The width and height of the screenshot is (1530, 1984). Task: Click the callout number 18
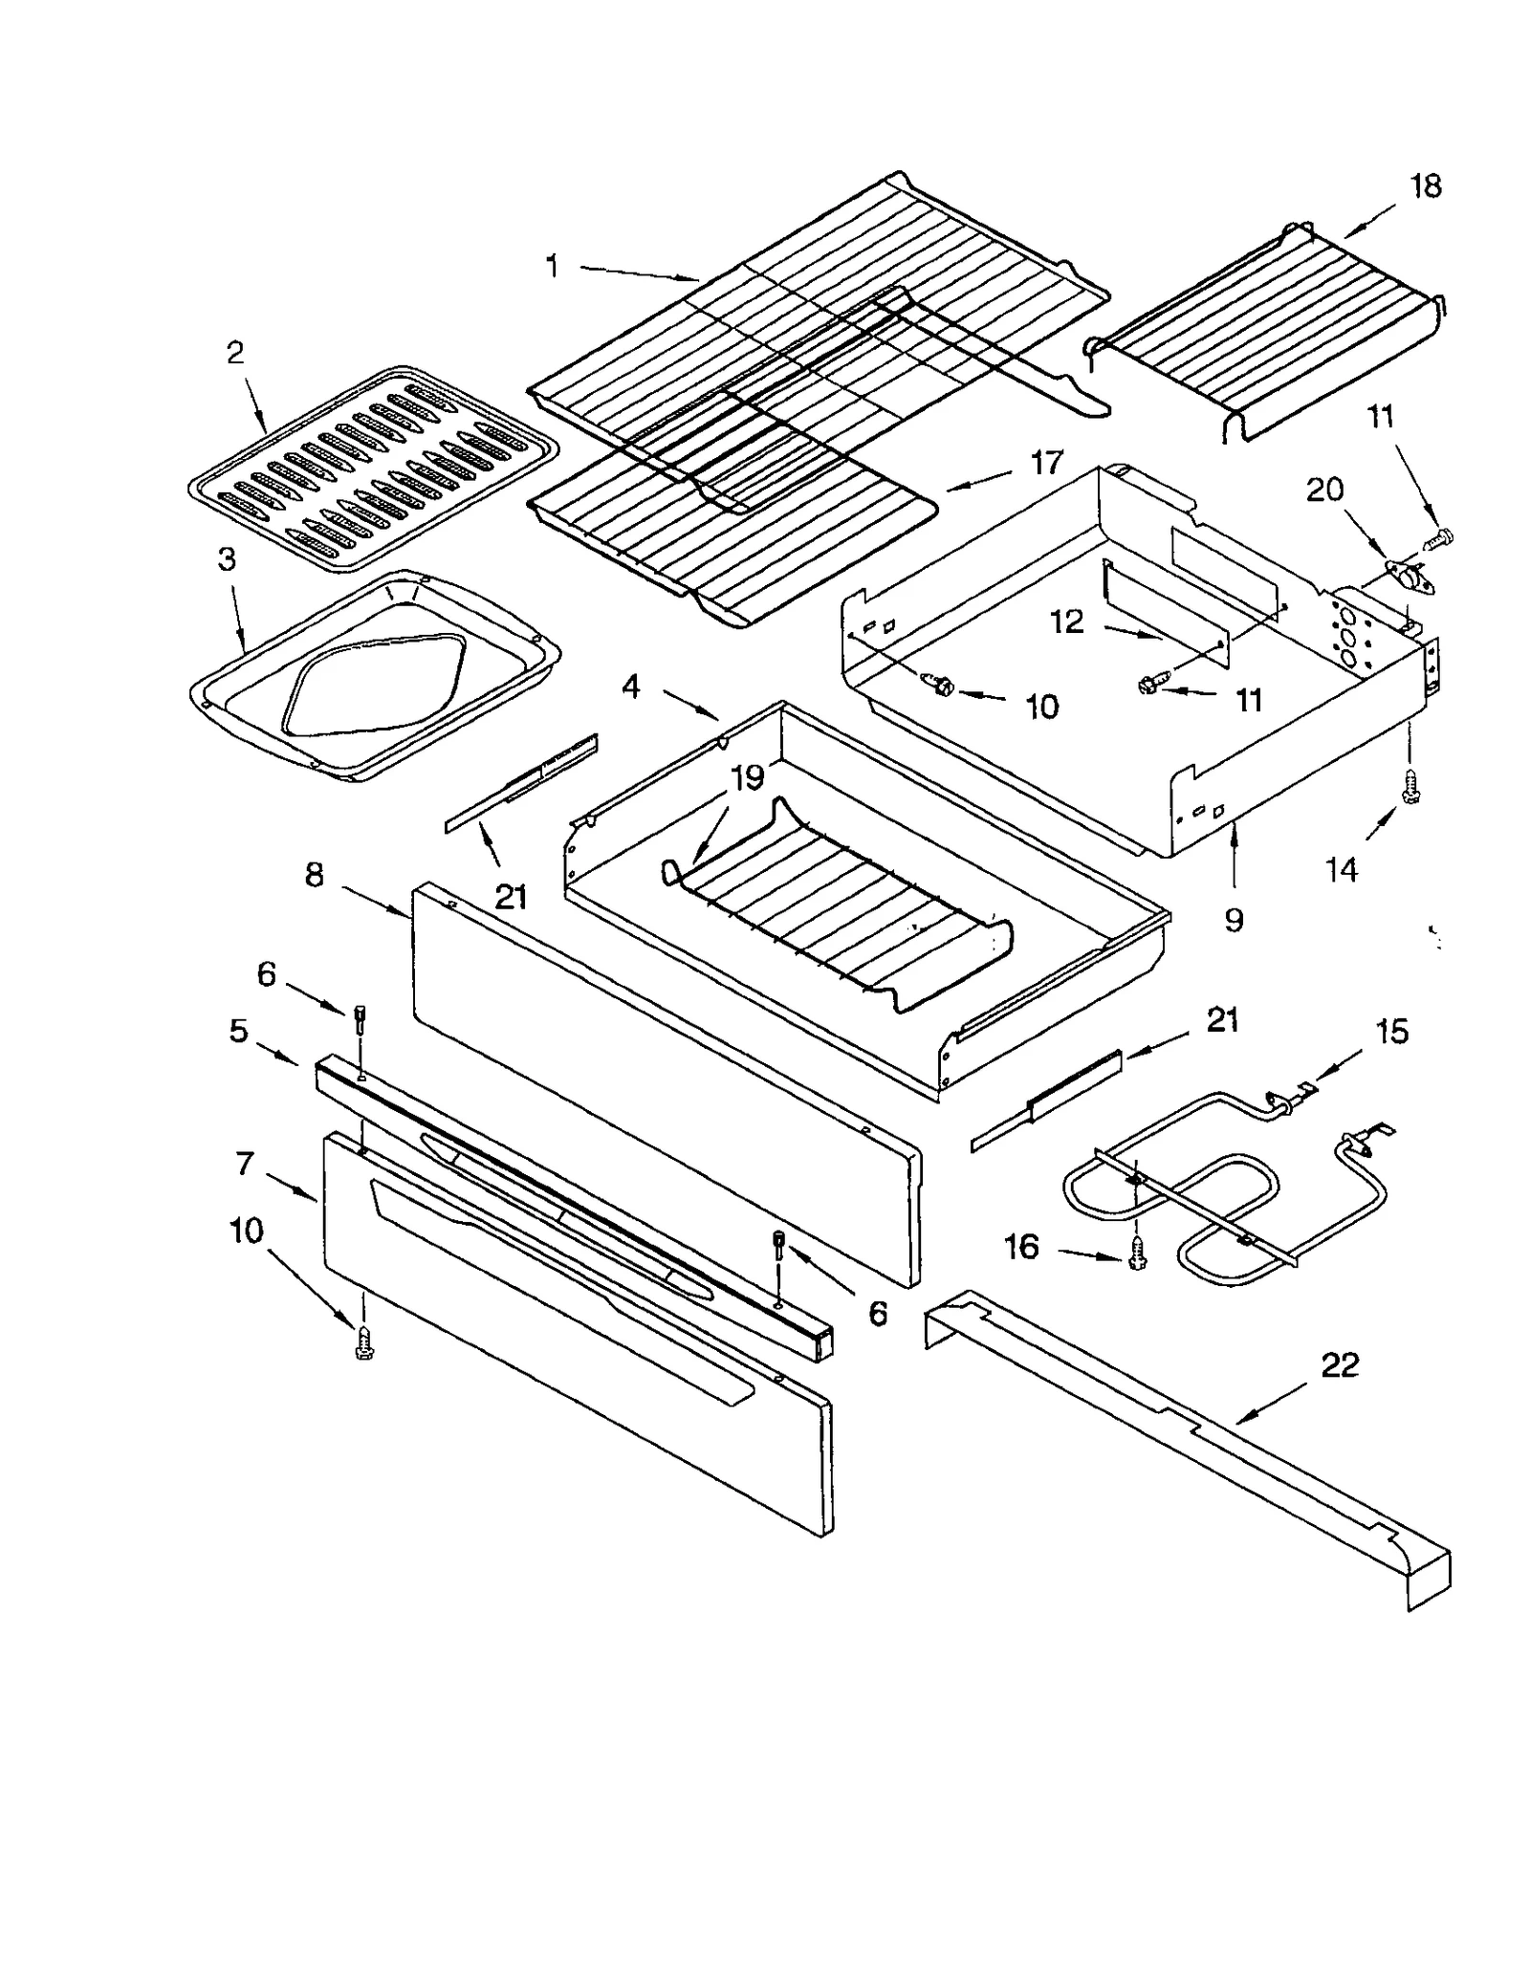click(x=1424, y=186)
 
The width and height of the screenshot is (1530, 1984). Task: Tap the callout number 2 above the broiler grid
click(x=235, y=353)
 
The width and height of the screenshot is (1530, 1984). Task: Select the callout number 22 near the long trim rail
click(x=1339, y=1364)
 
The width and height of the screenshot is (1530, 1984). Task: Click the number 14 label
click(x=1341, y=869)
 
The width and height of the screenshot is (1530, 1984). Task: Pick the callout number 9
click(x=1234, y=920)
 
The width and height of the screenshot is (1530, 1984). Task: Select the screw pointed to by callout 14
click(x=1409, y=787)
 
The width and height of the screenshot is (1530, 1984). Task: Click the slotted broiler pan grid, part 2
click(x=373, y=469)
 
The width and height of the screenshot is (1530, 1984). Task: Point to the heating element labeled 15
click(x=1224, y=1186)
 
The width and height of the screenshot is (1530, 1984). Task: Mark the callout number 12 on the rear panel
click(x=1066, y=622)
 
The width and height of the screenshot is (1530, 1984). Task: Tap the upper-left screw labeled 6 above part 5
click(x=361, y=1019)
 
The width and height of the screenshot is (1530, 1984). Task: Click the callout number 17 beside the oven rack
click(x=1047, y=463)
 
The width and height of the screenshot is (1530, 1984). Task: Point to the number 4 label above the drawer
click(x=630, y=686)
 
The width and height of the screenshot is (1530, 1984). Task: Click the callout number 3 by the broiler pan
click(x=227, y=559)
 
